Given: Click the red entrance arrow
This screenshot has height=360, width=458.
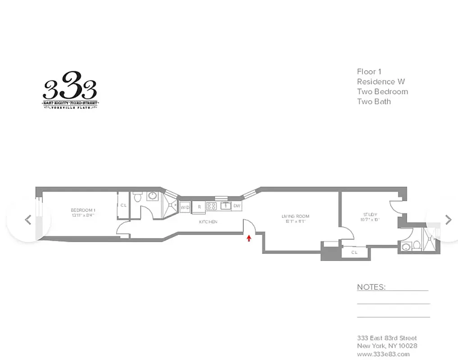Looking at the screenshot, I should click(249, 238).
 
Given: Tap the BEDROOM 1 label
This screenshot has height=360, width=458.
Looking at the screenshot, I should click(83, 210).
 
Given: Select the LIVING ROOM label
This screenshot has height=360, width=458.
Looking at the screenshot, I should click(296, 216).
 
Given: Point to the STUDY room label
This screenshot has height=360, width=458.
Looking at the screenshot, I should click(370, 214).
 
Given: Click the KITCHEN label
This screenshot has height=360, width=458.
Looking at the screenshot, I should click(209, 222).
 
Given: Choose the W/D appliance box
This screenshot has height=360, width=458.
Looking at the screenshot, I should click(185, 207).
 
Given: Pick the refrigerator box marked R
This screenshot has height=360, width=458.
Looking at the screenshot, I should click(199, 207).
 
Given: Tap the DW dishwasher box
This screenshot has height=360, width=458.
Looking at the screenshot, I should click(237, 207).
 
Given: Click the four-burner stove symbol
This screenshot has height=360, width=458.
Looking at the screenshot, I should click(212, 207).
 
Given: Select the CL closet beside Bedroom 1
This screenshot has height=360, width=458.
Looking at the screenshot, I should click(123, 206).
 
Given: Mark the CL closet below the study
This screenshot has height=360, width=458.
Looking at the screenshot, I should click(354, 253).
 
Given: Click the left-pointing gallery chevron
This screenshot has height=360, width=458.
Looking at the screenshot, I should click(28, 220).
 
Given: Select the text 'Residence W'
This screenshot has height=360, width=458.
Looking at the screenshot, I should click(381, 81).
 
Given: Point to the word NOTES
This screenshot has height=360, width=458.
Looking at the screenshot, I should click(371, 287).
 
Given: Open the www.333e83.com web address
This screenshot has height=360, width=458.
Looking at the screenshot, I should click(383, 354).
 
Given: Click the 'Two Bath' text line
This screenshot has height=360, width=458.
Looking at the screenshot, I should click(374, 101).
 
